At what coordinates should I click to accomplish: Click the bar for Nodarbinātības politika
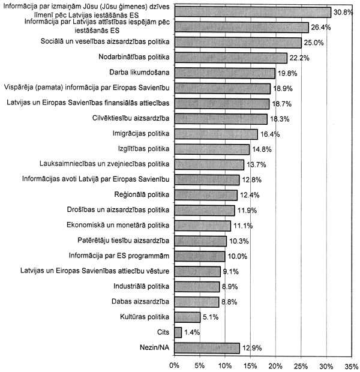[231, 58]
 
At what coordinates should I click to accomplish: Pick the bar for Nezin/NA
[207, 347]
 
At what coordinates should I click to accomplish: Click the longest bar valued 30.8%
[253, 12]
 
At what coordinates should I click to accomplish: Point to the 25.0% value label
[313, 43]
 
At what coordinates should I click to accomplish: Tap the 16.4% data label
[269, 134]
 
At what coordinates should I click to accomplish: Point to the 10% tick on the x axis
[225, 364]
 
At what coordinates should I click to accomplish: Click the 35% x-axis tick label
[352, 364]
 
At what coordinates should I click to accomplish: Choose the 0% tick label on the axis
[175, 364]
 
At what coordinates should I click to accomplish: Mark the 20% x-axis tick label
[276, 364]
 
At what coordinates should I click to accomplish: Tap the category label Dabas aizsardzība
[140, 302]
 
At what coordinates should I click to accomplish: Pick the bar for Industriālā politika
[197, 286]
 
